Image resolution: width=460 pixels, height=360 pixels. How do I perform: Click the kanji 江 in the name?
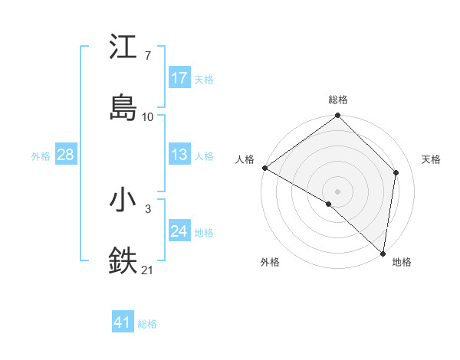123,47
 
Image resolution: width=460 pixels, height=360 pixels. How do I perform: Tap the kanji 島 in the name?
123,107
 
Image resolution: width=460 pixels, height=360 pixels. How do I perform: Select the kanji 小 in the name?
123,200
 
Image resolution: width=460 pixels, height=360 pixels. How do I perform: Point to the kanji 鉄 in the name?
123,260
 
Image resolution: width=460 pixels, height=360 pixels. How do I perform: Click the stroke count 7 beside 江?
148,56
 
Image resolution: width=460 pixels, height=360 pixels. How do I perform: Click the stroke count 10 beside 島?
148,116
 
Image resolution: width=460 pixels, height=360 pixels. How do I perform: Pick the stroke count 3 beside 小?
148,208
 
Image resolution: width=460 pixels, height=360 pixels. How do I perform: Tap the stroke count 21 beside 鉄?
148,269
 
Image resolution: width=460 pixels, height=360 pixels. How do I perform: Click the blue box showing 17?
179,78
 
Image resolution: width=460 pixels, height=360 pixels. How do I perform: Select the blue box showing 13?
179,155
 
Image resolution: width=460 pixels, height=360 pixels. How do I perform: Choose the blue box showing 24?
179,231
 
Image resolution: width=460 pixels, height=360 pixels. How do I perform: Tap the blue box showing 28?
66,155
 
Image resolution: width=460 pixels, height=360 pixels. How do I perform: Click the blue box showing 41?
123,323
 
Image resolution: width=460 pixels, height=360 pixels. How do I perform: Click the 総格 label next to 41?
147,324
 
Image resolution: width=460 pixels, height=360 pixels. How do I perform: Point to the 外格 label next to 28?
41,156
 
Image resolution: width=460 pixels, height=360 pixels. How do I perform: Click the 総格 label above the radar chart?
338,100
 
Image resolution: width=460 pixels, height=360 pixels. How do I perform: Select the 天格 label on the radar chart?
432,159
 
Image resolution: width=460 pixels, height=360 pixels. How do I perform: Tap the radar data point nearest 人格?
264,168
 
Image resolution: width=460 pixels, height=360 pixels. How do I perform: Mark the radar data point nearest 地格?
383,254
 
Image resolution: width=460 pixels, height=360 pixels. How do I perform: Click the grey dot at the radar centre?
338,191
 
